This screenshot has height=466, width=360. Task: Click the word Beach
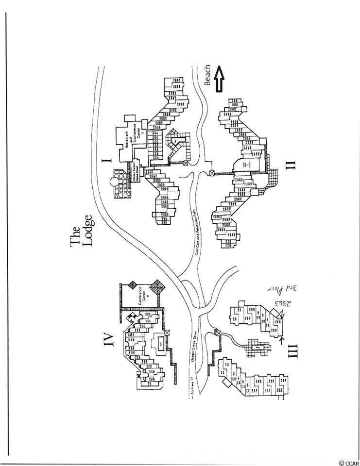208,75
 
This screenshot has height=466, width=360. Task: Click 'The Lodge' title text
81,237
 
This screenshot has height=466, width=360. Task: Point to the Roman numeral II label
290,164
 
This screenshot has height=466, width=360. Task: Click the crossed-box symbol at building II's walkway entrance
212,172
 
